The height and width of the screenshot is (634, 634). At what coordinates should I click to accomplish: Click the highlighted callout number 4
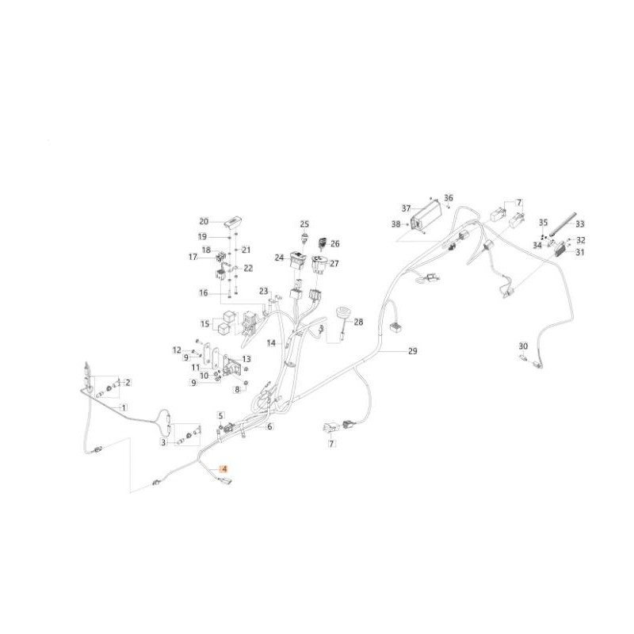[223, 469]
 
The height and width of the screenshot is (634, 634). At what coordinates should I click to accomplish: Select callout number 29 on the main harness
[412, 351]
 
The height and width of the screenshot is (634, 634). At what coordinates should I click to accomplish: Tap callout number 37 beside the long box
[406, 208]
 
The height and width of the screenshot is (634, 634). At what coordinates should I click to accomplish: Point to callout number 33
[580, 223]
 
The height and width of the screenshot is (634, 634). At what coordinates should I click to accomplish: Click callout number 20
[204, 222]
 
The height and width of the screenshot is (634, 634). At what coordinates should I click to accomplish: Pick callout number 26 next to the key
[334, 243]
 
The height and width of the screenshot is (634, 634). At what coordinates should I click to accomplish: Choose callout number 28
[358, 322]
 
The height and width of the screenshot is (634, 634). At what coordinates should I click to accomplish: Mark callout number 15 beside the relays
[205, 324]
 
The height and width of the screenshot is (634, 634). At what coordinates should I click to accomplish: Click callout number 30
[523, 346]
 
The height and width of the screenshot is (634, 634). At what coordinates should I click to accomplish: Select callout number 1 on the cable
[124, 407]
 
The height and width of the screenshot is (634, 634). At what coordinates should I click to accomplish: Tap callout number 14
[271, 343]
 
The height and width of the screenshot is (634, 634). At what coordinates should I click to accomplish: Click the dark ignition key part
[323, 243]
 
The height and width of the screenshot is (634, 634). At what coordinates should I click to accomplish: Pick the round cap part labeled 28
[339, 314]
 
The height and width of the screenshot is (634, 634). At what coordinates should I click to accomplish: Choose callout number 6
[269, 426]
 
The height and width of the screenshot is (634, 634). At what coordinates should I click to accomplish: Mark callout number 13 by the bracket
[246, 359]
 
